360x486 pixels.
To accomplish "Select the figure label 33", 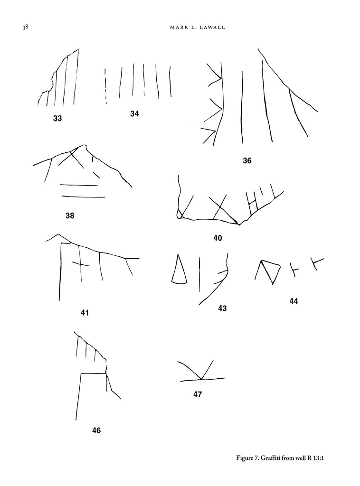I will coord(57,118).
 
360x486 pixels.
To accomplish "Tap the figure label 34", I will coord(134,113).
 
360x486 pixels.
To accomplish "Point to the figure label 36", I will coord(247,160).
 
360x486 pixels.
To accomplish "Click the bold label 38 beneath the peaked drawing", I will coord(70,216).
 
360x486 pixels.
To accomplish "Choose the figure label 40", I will coord(218,238).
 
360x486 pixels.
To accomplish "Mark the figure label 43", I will coord(222,308).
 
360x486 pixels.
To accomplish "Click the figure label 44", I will coord(294,300).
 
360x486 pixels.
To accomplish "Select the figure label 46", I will coord(96,430).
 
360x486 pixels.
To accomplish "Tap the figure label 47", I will coord(198,394).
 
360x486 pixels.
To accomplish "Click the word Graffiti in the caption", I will coord(276,458).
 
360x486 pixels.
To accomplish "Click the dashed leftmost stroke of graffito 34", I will coord(105,85).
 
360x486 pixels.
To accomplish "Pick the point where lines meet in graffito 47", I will coord(202,379).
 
